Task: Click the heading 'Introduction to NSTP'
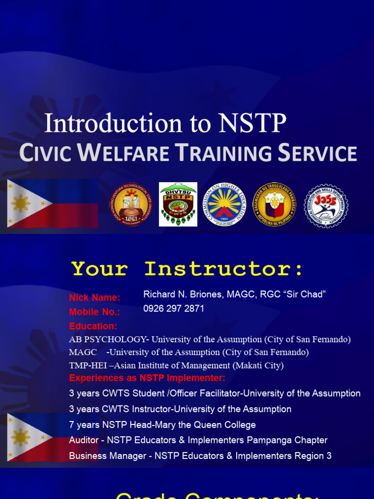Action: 165,123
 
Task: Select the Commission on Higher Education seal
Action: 224,205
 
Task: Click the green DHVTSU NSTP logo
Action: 178,205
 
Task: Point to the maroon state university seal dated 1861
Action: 130,205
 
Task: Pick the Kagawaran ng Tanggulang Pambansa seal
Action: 275,205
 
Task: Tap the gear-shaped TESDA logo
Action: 326,206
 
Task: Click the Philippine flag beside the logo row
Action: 53,204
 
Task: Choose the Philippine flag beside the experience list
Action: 39,438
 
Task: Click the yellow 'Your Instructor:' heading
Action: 187,269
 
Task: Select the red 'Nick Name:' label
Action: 94,297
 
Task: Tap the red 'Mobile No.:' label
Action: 94,312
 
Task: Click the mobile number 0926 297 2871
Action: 174,309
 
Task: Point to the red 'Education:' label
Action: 93,326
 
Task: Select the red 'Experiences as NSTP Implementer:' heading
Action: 147,378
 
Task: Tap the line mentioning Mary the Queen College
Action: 162,425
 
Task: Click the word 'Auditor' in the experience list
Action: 83,441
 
